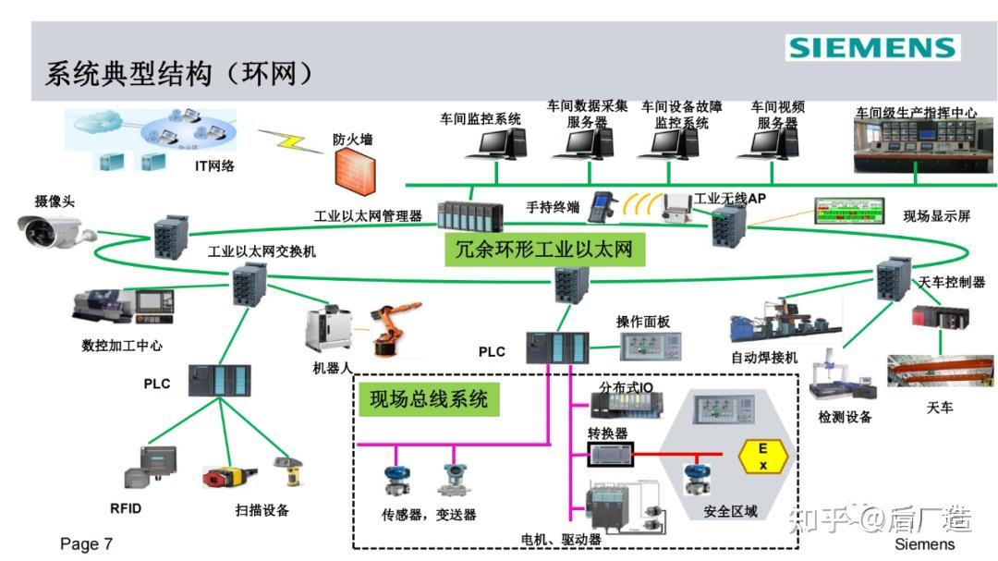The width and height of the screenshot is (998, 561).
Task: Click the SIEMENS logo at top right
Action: tap(872, 48)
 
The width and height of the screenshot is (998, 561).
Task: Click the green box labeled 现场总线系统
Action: tap(429, 399)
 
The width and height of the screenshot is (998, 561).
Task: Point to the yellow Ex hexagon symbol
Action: tap(763, 457)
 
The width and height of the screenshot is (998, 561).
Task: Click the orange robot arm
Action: tap(393, 328)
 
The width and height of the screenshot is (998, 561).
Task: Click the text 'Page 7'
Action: tap(86, 543)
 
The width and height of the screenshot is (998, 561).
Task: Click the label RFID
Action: tap(126, 508)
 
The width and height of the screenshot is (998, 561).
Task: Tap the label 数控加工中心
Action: tap(122, 346)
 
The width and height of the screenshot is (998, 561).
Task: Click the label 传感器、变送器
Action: tap(430, 515)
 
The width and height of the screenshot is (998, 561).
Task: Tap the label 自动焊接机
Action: tap(763, 357)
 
